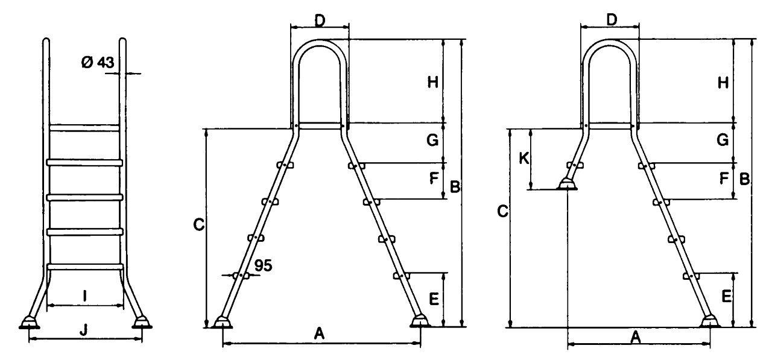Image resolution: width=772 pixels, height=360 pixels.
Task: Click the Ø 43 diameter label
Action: pyautogui.click(x=98, y=63)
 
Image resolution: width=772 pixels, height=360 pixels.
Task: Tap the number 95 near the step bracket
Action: pyautogui.click(x=264, y=265)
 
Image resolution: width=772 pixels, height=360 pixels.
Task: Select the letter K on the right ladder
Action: pyautogui.click(x=524, y=159)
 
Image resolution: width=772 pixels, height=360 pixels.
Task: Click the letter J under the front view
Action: pyautogui.click(x=83, y=330)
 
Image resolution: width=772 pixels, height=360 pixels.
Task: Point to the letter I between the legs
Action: pyautogui.click(x=85, y=296)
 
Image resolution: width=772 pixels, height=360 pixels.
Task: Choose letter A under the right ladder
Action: pyautogui.click(x=636, y=338)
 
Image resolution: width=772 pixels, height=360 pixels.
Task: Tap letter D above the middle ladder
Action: pyautogui.click(x=320, y=21)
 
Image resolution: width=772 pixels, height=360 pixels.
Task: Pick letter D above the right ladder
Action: pyautogui.click(x=612, y=21)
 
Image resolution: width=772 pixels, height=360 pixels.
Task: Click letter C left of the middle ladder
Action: pyautogui.click(x=199, y=225)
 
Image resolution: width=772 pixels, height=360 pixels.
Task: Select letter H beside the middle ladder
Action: pyautogui.click(x=433, y=83)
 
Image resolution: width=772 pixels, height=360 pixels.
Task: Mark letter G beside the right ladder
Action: pyautogui.click(x=723, y=140)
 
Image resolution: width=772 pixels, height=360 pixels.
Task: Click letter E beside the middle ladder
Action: pyautogui.click(x=434, y=298)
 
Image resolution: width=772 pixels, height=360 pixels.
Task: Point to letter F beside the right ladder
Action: pyautogui.click(x=724, y=178)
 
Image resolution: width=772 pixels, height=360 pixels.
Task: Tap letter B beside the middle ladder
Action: pyautogui.click(x=455, y=187)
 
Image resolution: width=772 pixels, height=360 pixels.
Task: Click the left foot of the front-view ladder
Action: pyautogui.click(x=30, y=323)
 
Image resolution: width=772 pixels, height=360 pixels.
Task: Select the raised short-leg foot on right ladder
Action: pyautogui.click(x=566, y=185)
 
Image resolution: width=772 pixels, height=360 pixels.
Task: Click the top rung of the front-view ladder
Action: pyautogui.click(x=84, y=128)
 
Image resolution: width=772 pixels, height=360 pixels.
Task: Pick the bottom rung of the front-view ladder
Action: pyautogui.click(x=85, y=267)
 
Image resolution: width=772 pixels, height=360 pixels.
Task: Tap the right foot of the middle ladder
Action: pyautogui.click(x=420, y=321)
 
